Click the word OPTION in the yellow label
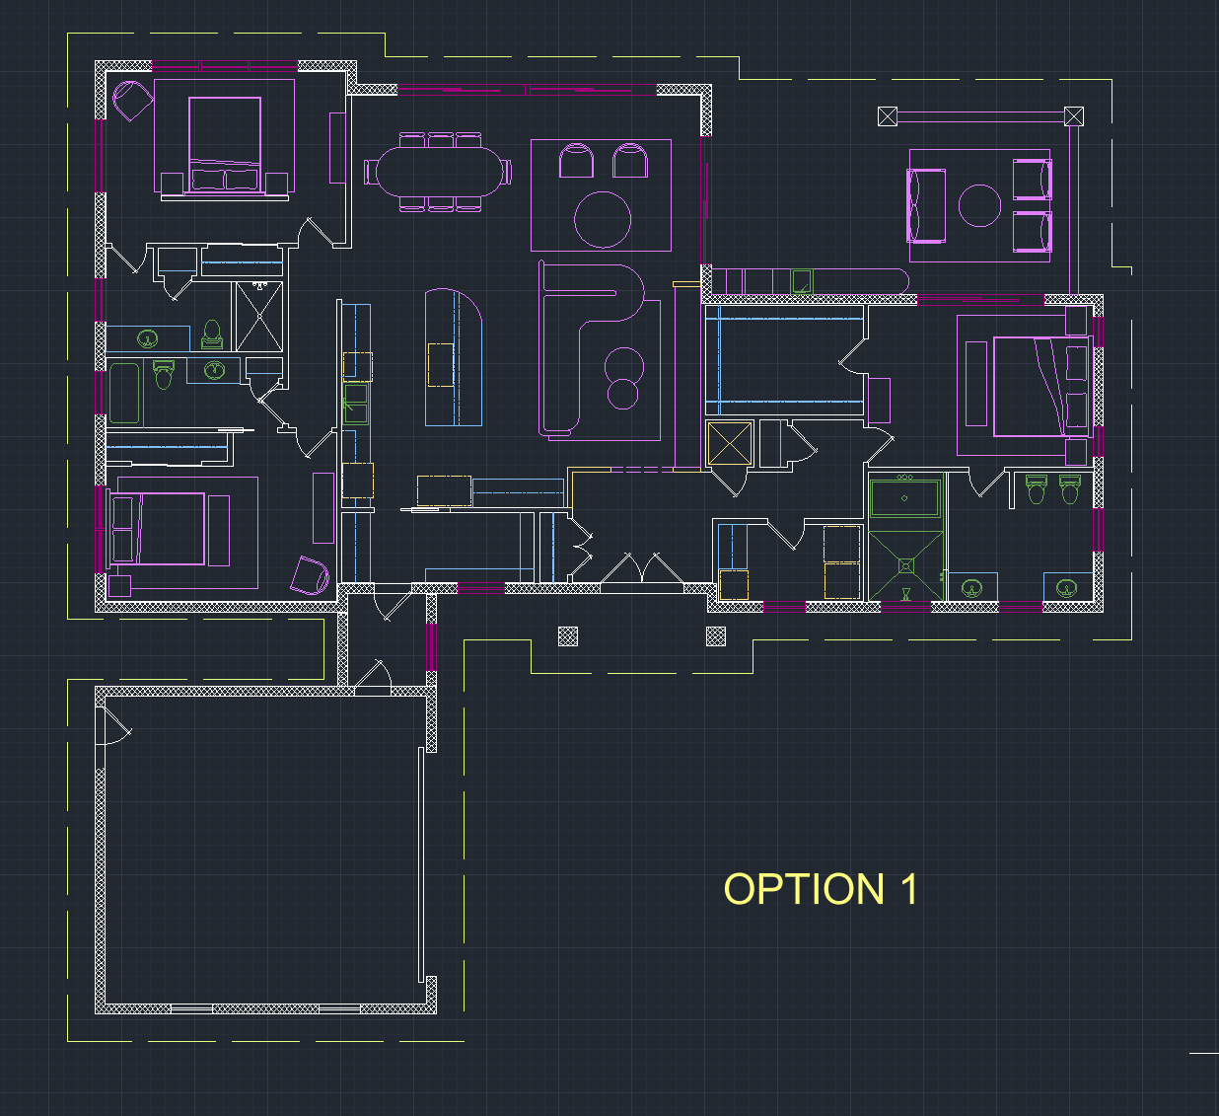pos(804,888)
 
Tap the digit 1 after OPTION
pos(908,888)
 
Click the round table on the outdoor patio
pos(979,205)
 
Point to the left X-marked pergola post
pos(888,116)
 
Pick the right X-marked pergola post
pos(1074,116)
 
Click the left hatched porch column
pos(568,636)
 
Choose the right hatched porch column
pos(716,636)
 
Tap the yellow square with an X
pos(729,444)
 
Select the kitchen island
pos(454,357)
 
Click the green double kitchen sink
pos(356,404)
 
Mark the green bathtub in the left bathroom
pos(125,393)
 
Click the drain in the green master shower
pos(905,566)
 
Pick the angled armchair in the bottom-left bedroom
pos(310,575)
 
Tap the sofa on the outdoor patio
pos(926,206)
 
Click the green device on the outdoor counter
pos(802,281)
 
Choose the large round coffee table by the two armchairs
pos(603,220)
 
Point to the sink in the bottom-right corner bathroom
pos(1066,588)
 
